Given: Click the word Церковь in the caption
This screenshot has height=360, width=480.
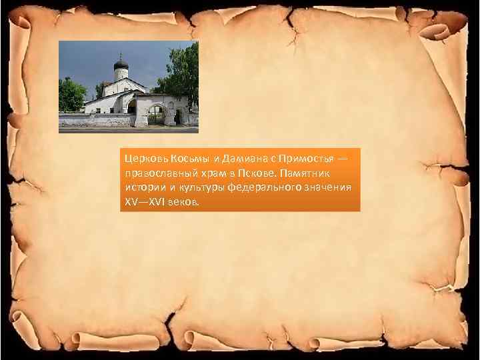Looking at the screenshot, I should [141, 159].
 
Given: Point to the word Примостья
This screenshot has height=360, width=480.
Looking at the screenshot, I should [296, 159].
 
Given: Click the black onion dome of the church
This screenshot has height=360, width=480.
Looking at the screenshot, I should [121, 65].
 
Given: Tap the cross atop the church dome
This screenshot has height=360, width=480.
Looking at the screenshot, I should [121, 55].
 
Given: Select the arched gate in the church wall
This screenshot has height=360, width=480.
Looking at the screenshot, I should [157, 115].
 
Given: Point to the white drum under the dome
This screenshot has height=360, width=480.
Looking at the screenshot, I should [121, 73].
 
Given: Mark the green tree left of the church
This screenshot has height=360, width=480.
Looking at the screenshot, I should [70, 95].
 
